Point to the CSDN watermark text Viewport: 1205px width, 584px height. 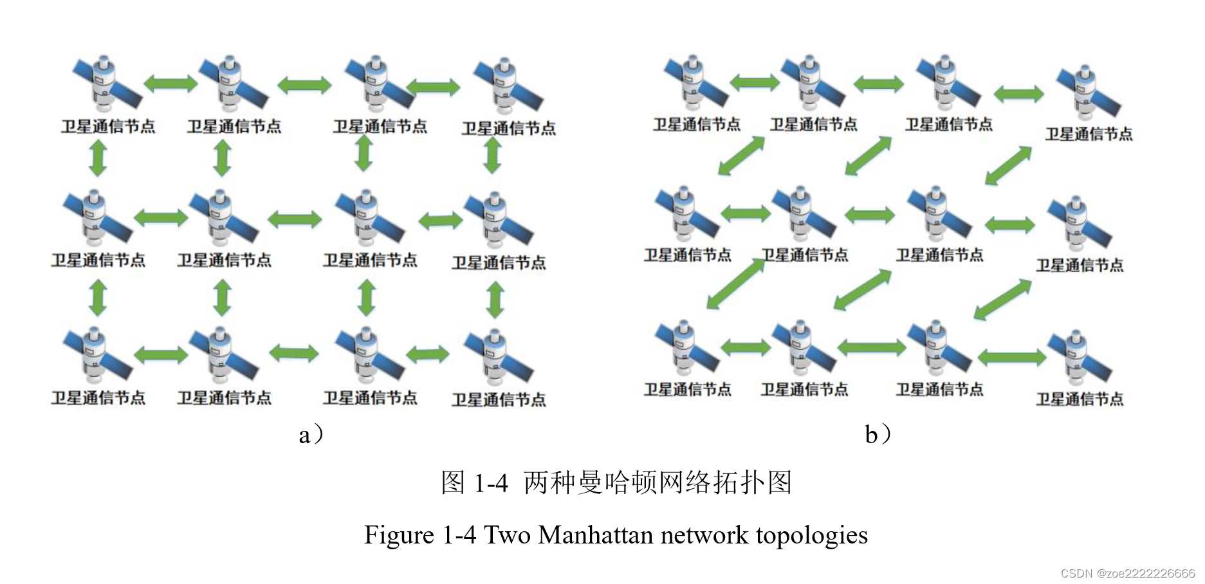[1127, 573]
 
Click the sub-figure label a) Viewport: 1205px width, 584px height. [311, 435]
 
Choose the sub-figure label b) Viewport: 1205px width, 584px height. [877, 435]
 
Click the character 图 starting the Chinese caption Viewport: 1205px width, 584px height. [453, 482]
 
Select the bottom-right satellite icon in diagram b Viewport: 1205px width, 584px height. [1080, 360]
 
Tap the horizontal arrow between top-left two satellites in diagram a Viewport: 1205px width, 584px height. [170, 84]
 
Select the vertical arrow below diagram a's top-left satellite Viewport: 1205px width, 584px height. [98, 158]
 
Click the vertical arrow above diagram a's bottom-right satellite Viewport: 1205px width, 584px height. [495, 300]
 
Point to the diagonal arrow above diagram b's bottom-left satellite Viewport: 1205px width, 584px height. [735, 284]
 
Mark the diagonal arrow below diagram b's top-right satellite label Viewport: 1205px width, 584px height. [1008, 166]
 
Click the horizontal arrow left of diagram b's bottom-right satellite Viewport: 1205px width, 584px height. [1011, 357]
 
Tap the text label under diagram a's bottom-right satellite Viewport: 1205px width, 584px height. [499, 400]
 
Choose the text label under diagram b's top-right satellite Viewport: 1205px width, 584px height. [1089, 134]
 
